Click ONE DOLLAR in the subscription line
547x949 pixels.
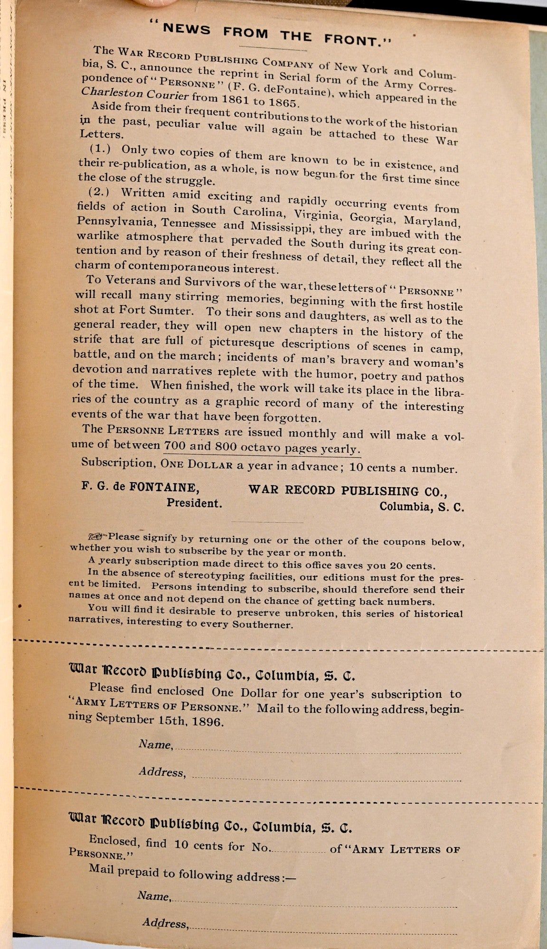[197, 465]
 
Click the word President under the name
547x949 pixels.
[194, 503]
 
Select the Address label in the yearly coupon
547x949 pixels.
[161, 772]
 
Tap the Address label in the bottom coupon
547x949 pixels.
[165, 923]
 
